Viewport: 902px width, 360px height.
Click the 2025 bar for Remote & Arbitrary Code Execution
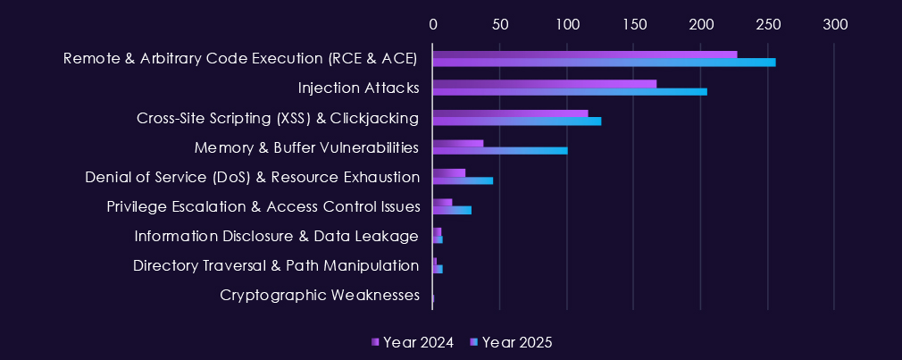[604, 63]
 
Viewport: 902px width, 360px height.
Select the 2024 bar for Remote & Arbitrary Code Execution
[585, 54]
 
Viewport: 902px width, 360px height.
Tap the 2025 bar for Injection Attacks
[570, 92]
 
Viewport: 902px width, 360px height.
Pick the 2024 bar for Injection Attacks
[545, 84]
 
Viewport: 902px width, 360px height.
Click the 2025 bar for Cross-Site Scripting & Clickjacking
[517, 121]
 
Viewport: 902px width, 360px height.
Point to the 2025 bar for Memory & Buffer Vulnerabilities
[500, 151]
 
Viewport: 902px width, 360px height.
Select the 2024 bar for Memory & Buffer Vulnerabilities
[458, 143]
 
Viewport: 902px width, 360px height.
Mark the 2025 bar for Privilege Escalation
[452, 210]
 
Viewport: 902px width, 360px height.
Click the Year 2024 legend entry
[413, 343]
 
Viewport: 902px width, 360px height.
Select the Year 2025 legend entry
[512, 343]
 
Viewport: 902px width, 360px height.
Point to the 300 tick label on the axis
[834, 24]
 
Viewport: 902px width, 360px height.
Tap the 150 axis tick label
[633, 24]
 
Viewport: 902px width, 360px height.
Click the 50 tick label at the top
[499, 24]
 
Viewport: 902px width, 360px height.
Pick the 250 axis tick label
[767, 24]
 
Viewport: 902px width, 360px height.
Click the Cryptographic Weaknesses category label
[320, 295]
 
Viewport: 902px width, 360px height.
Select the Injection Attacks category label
[358, 88]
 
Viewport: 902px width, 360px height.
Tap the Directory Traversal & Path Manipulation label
[276, 265]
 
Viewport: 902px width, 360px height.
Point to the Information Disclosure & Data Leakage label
[277, 236]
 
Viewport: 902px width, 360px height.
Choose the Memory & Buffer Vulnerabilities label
[306, 147]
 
